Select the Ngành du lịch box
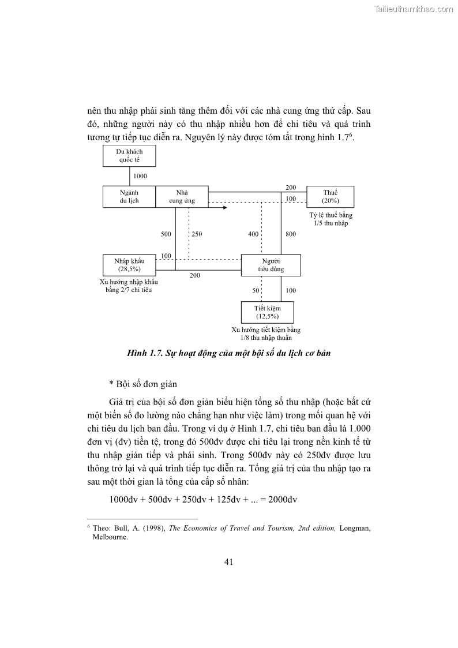(x=129, y=197)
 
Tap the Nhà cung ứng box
(x=182, y=197)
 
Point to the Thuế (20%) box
(x=330, y=197)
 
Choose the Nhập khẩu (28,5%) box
(x=129, y=265)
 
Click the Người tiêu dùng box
(x=271, y=265)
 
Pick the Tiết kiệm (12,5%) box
(x=267, y=312)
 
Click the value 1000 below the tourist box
(x=140, y=176)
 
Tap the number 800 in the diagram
(x=290, y=234)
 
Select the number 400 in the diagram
(x=253, y=234)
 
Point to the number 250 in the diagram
(x=197, y=234)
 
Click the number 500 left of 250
(x=166, y=234)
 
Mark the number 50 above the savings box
(x=256, y=291)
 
